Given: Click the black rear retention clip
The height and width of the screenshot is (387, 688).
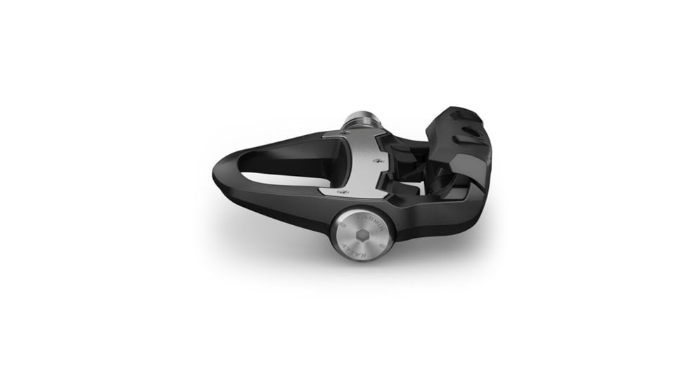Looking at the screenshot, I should coord(461,151).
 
